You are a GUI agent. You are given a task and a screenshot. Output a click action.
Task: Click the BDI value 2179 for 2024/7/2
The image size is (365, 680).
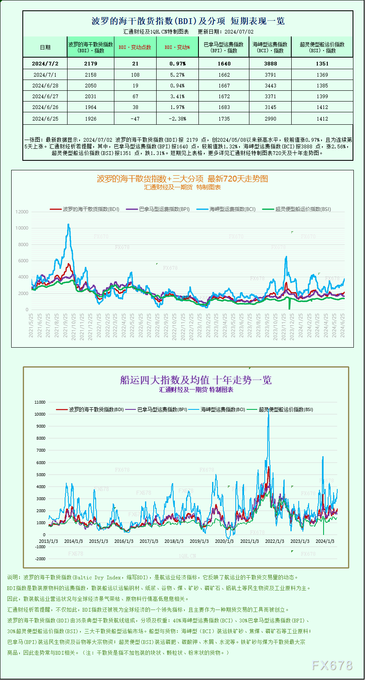[90, 63]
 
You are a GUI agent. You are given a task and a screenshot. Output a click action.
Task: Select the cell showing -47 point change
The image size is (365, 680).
[135, 119]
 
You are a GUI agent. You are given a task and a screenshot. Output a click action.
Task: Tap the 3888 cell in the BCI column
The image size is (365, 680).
[270, 63]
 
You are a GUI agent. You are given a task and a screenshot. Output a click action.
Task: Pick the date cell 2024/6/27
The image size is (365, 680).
[45, 96]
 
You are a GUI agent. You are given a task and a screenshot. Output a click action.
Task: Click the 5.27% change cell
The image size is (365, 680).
[177, 75]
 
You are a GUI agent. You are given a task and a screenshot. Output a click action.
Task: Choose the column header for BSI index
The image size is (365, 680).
[322, 47]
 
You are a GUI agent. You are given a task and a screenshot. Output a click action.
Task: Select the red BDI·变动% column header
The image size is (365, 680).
[177, 47]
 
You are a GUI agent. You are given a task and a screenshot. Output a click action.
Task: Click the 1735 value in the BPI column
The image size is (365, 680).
[224, 119]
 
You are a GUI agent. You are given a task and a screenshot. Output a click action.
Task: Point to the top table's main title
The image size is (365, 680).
[188, 21]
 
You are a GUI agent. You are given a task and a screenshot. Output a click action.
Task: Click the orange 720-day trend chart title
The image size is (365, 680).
[182, 179]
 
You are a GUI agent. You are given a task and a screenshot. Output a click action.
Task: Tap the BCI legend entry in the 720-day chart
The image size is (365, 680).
[227, 209]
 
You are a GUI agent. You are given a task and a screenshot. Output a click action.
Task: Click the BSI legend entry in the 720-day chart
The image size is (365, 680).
[297, 209]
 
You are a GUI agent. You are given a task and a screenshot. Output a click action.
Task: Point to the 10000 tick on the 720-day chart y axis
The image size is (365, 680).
[22, 228]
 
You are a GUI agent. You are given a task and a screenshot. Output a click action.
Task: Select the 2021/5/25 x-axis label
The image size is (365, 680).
[31, 325]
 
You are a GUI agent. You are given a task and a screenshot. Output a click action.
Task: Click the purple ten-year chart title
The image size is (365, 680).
[196, 380]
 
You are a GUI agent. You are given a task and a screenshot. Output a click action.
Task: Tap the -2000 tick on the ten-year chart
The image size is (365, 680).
[40, 559]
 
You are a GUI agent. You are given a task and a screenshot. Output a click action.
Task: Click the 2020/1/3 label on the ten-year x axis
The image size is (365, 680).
[224, 541]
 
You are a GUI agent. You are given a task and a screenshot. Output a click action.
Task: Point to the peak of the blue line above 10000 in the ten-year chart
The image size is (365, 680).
[268, 411]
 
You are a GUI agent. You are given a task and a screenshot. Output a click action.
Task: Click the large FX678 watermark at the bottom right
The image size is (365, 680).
[332, 665]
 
